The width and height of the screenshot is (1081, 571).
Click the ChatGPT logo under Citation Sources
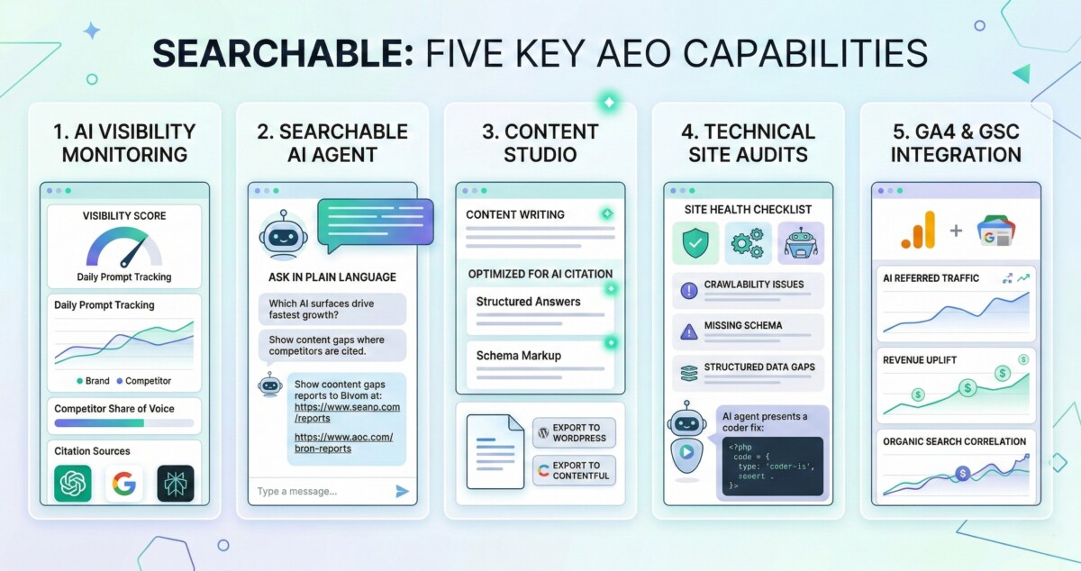click(x=73, y=483)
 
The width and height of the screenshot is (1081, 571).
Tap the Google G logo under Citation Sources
click(x=124, y=483)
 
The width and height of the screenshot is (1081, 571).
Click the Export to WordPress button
click(x=575, y=433)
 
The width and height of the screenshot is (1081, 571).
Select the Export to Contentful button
click(x=575, y=471)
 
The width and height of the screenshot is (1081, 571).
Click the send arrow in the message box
click(x=402, y=492)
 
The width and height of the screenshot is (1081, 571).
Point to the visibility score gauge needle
click(x=133, y=252)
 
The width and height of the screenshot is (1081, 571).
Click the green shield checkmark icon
click(x=695, y=243)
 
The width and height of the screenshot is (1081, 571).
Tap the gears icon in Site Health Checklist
click(x=748, y=243)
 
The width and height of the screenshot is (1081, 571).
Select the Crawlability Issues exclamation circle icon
click(x=688, y=291)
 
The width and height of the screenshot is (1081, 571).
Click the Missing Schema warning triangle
click(x=688, y=332)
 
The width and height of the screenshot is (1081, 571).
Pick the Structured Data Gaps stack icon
click(x=688, y=374)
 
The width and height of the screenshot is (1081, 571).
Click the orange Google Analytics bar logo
click(x=918, y=231)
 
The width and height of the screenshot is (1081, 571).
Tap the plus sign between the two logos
click(x=956, y=231)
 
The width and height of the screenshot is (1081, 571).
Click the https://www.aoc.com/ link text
click(x=343, y=437)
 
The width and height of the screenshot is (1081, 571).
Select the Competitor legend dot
click(x=120, y=381)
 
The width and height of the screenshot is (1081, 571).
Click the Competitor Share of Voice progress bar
click(x=124, y=423)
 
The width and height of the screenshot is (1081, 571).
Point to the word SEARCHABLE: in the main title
click(x=283, y=53)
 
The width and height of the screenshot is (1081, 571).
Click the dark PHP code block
click(x=773, y=467)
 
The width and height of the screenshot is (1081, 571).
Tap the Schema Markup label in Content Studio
click(x=519, y=356)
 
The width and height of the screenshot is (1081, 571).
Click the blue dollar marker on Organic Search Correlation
click(x=963, y=474)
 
